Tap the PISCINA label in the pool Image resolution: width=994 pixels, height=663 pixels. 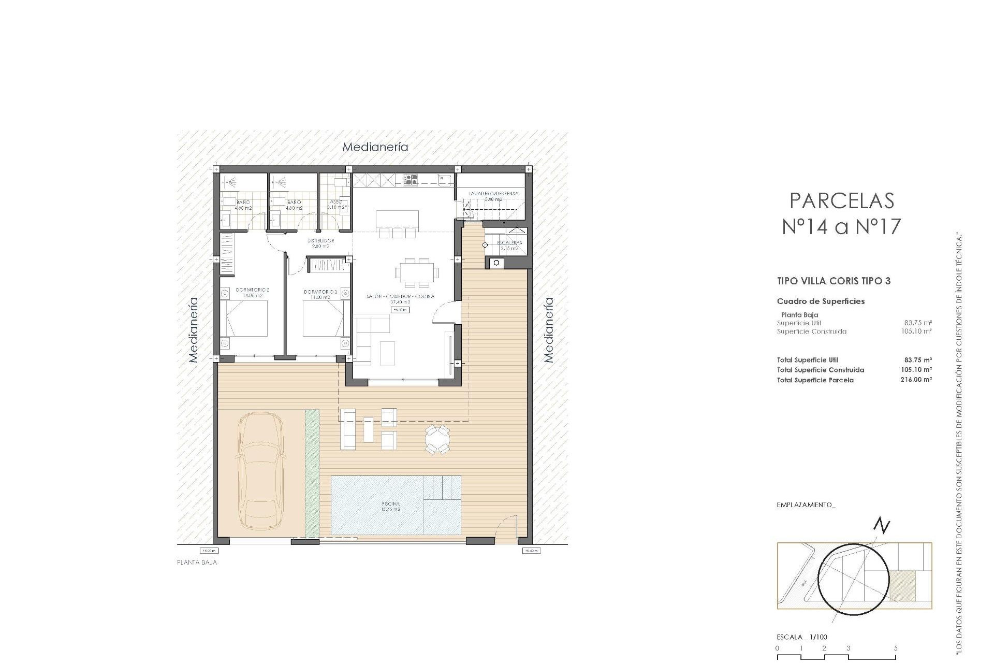click(x=391, y=503)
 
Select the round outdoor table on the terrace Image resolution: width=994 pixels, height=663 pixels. click(x=437, y=440)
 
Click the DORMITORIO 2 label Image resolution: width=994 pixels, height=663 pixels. click(x=253, y=290)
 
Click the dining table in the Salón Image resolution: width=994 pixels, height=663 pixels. click(x=416, y=272)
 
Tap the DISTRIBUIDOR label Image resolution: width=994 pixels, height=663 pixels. click(x=321, y=241)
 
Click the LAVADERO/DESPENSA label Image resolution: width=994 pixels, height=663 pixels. click(x=493, y=194)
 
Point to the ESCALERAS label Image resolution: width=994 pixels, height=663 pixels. click(x=509, y=242)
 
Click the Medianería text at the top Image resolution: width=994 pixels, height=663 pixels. click(x=375, y=147)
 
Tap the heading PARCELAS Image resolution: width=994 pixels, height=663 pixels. click(x=842, y=200)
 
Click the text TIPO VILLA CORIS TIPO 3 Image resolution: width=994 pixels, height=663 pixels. click(x=834, y=281)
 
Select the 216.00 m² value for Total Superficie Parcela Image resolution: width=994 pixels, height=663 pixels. click(x=916, y=380)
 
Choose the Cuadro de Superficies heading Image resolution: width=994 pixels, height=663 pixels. click(x=821, y=301)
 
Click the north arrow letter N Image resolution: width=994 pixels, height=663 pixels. click(x=881, y=526)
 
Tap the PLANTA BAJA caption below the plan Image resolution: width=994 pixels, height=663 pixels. click(x=197, y=562)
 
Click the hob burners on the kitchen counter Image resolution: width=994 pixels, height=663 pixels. click(x=411, y=180)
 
